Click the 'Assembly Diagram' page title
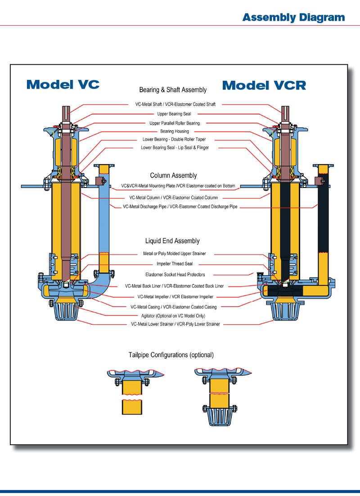(x=293, y=17)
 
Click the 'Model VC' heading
(x=63, y=85)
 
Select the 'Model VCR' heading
(x=264, y=85)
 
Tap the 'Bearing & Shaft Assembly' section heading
(x=173, y=90)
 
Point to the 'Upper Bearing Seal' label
(x=174, y=114)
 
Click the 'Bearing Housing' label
(x=175, y=131)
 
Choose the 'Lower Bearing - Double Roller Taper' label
(x=174, y=139)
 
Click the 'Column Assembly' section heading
(x=174, y=175)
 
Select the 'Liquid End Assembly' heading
(x=172, y=241)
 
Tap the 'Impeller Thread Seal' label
(x=175, y=264)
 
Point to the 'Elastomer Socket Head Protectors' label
(x=175, y=275)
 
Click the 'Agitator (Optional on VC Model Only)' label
(x=173, y=316)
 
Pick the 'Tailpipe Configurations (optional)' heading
(x=171, y=355)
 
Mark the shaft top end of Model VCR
(x=285, y=107)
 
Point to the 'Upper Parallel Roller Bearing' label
(x=175, y=123)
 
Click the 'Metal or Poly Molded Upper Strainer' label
(x=175, y=254)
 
